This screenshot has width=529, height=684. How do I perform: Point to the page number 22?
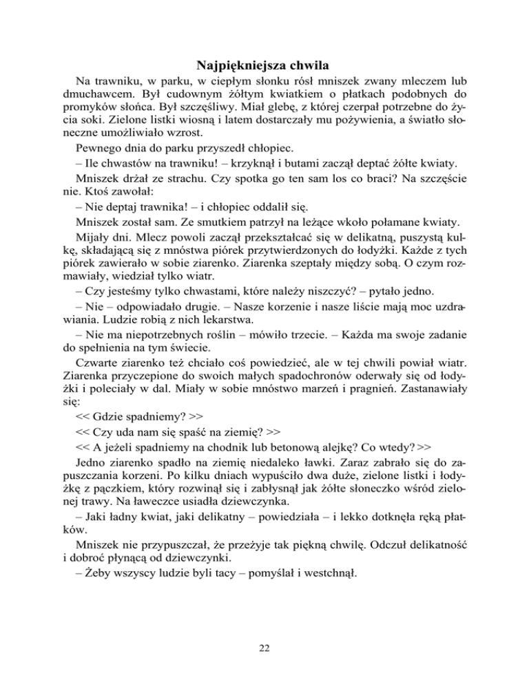tap(264, 647)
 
